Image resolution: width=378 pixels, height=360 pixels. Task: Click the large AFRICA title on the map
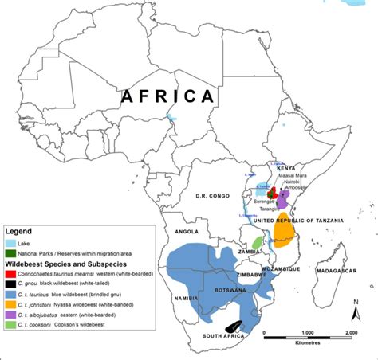(168, 96)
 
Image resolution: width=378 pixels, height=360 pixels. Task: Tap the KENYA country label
(285, 169)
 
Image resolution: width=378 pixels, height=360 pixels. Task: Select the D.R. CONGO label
(214, 195)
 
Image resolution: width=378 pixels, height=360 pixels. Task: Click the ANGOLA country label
(186, 233)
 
